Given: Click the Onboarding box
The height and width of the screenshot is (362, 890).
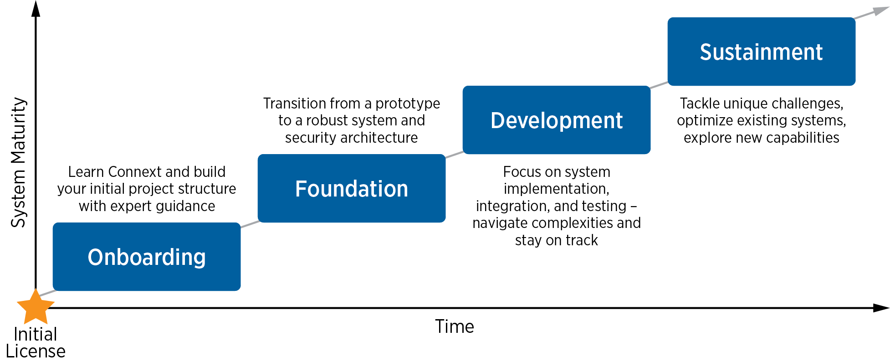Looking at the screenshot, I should pos(146,257).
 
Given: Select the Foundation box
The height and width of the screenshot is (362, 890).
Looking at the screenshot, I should pos(351,188).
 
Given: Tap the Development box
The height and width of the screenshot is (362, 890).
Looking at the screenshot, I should pos(556,120).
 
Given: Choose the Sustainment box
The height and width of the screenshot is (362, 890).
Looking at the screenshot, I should pos(761,52).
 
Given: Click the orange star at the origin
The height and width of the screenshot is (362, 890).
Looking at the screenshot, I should pos(35,306).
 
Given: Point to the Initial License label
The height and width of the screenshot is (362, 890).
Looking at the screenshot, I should pos(36,342).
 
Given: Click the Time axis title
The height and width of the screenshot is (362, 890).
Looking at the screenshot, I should pos(454,326).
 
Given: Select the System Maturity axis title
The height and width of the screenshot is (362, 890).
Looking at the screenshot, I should pos(19,162).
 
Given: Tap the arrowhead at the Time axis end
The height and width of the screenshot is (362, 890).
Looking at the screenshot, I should pos(881,308).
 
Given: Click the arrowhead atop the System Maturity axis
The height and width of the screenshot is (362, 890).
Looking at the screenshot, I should pos(36,8).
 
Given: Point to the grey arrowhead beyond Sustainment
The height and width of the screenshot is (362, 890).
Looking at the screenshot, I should pos(879,11).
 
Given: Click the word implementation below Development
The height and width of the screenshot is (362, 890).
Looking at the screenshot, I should pos(556,189).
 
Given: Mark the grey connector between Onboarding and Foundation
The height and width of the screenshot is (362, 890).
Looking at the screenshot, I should pos(250,223).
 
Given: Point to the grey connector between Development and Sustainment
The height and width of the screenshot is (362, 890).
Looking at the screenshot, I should pos(659,85).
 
